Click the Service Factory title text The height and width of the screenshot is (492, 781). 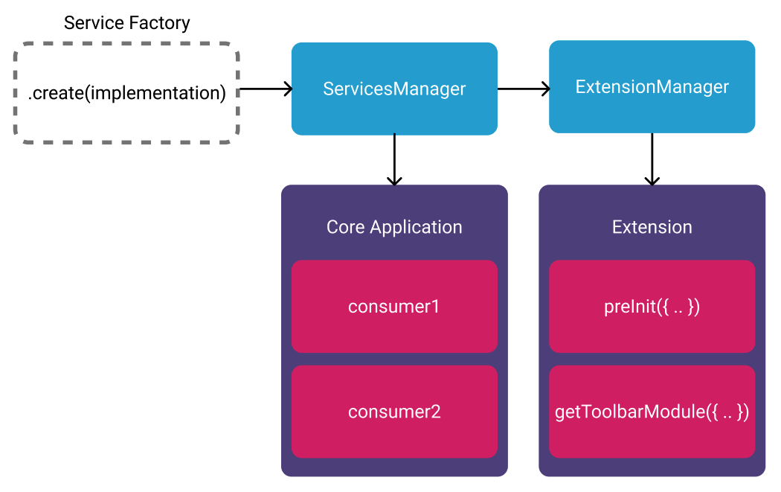[x=126, y=23]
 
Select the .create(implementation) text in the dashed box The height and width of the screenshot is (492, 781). [x=126, y=93]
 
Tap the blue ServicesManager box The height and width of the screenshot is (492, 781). [x=394, y=89]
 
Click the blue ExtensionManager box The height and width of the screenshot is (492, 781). [x=652, y=87]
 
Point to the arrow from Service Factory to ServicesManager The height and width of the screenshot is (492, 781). [x=265, y=89]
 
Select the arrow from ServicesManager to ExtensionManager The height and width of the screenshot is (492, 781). [x=523, y=89]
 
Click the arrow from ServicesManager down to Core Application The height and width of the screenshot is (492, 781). [x=394, y=159]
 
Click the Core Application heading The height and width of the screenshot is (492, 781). [x=394, y=227]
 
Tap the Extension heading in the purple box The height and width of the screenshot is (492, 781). [x=652, y=227]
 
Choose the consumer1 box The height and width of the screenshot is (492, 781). [x=394, y=306]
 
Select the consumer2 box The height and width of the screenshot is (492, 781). [x=394, y=412]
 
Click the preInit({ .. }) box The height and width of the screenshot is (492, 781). [x=652, y=306]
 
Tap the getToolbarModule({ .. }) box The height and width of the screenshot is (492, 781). [x=652, y=412]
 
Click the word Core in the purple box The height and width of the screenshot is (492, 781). [x=345, y=227]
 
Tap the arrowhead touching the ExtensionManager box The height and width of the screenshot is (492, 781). [x=544, y=89]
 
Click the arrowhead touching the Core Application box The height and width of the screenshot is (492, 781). [x=394, y=180]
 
